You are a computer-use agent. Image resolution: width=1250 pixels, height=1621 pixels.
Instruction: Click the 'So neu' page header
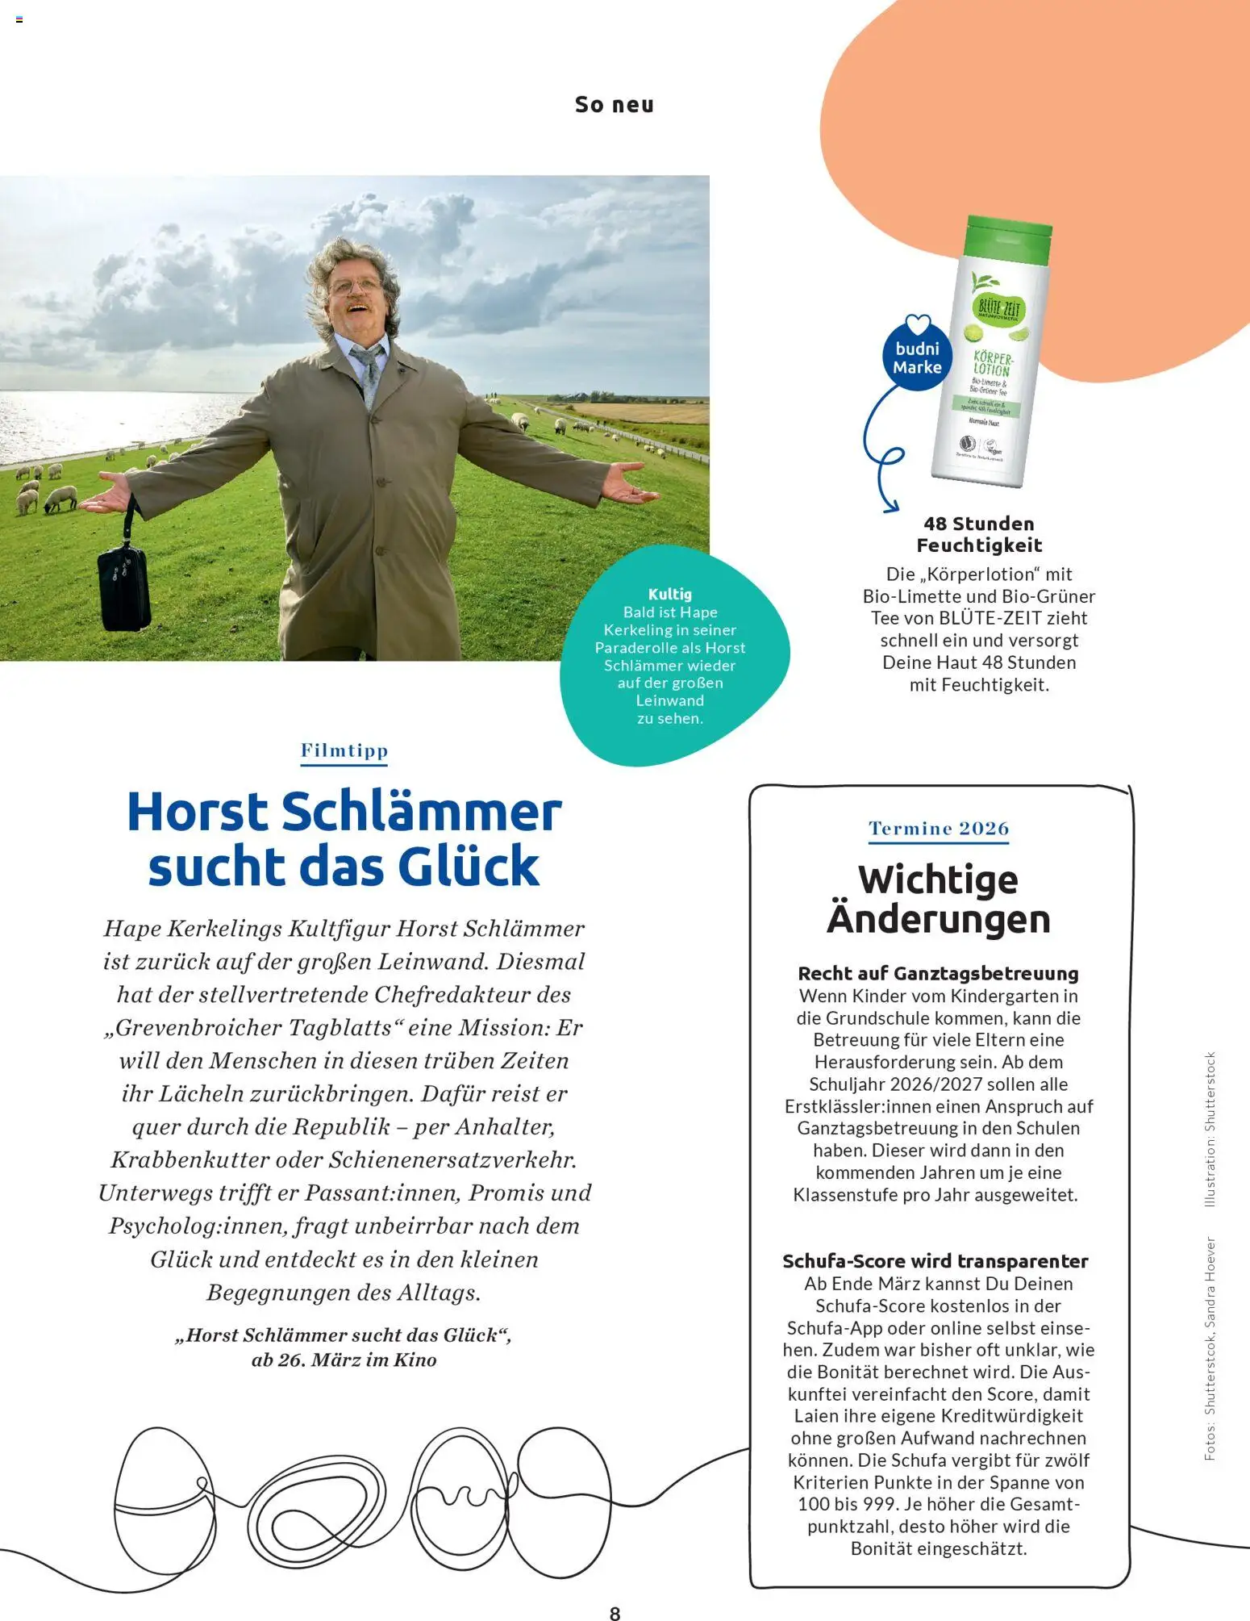[614, 105]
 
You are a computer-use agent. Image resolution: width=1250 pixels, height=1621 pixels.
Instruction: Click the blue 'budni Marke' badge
[917, 358]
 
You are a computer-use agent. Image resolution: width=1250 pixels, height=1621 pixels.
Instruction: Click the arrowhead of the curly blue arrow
[890, 506]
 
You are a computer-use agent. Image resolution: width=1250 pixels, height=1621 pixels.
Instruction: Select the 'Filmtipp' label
[344, 750]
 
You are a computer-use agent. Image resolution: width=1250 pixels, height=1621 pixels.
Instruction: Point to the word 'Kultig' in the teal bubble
[669, 594]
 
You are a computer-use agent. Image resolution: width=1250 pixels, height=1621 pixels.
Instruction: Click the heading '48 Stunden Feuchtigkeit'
[979, 534]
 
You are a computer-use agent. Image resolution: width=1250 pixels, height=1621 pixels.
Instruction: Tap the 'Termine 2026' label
[939, 829]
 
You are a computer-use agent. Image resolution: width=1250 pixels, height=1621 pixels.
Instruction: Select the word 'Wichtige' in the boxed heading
[938, 879]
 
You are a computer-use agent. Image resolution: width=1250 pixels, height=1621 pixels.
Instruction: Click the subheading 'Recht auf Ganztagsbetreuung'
[938, 973]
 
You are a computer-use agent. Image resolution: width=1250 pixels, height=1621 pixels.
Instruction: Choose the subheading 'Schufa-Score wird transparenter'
[935, 1260]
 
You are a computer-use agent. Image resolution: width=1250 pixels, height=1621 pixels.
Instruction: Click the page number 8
[615, 1613]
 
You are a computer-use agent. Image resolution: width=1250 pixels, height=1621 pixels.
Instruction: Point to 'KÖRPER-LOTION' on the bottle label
[992, 364]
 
